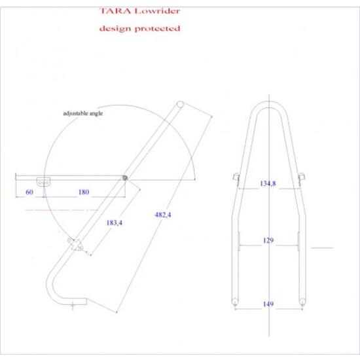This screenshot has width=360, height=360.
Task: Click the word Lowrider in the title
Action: click(157, 10)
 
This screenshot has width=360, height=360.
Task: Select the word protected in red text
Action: click(157, 28)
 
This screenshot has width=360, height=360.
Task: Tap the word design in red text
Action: click(115, 29)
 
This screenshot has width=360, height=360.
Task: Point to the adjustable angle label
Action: click(83, 113)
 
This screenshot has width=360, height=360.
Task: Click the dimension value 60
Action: click(29, 192)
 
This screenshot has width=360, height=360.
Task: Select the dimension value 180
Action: click(84, 192)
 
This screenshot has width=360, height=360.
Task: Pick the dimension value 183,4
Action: click(115, 223)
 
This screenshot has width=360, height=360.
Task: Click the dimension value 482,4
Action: click(163, 215)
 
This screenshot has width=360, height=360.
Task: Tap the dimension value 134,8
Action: click(268, 183)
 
